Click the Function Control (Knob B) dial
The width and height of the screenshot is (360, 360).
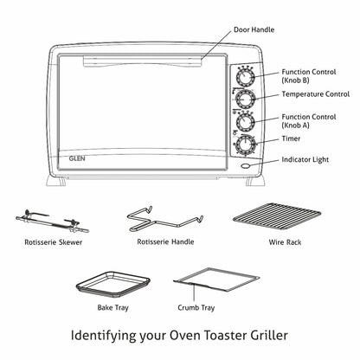[245, 77]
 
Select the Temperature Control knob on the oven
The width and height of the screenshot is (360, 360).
[245, 99]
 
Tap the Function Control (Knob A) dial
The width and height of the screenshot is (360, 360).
[245, 121]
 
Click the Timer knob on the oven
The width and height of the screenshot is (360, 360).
[245, 145]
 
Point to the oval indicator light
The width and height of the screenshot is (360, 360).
[246, 166]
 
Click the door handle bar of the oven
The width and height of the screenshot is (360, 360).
[142, 61]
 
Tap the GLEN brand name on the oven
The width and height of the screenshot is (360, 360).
[77, 158]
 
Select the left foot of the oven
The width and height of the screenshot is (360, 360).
[56, 181]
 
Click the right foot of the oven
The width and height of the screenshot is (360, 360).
[255, 181]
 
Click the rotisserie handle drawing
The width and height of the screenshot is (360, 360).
[164, 220]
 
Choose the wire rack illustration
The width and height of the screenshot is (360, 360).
[277, 216]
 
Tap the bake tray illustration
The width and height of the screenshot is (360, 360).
[113, 285]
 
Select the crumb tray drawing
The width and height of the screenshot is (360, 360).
[216, 280]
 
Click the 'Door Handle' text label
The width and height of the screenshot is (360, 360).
[254, 29]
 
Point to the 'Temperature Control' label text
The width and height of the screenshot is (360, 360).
[316, 94]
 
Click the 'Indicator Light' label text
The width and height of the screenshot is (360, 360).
[305, 160]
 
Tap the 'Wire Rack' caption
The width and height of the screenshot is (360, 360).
[285, 242]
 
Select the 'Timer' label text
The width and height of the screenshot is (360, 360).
[291, 138]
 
